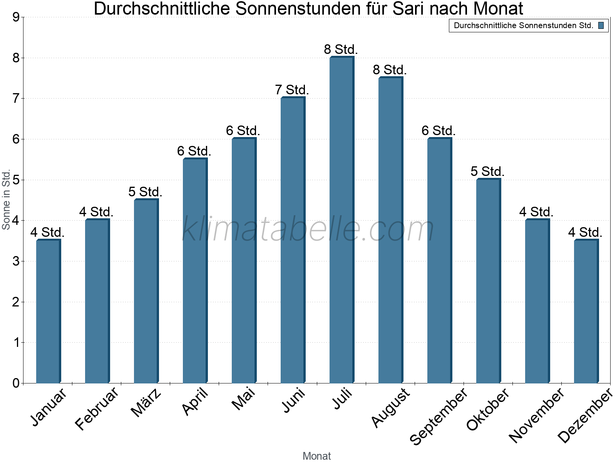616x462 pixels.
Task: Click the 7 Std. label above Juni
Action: (292, 90)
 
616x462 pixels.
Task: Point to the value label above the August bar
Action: (390, 70)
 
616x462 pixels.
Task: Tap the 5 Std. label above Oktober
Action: (487, 171)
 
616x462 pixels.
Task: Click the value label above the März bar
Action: (145, 192)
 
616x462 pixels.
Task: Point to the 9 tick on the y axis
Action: (16, 17)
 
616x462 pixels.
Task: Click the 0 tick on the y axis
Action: (16, 383)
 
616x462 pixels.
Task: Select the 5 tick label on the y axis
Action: (16, 180)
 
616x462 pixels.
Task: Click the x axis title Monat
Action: (316, 456)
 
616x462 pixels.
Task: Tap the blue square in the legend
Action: (601, 26)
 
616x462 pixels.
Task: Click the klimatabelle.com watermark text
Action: (308, 229)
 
